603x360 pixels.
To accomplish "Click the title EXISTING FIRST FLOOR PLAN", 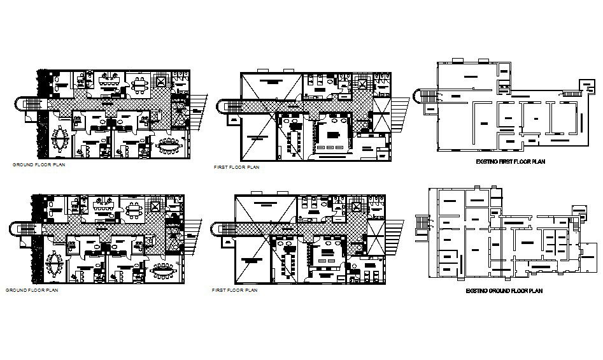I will pyautogui.click(x=511, y=162).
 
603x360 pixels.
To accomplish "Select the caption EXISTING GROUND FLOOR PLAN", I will pyautogui.click(x=503, y=291).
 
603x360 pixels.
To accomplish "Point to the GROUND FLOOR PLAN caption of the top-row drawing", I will pyautogui.click(x=38, y=164).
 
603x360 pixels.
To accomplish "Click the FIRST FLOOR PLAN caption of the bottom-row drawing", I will pyautogui.click(x=234, y=291).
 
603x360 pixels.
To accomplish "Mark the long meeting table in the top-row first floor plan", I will pyautogui.click(x=294, y=140).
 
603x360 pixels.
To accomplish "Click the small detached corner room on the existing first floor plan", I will pyautogui.click(x=585, y=85).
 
